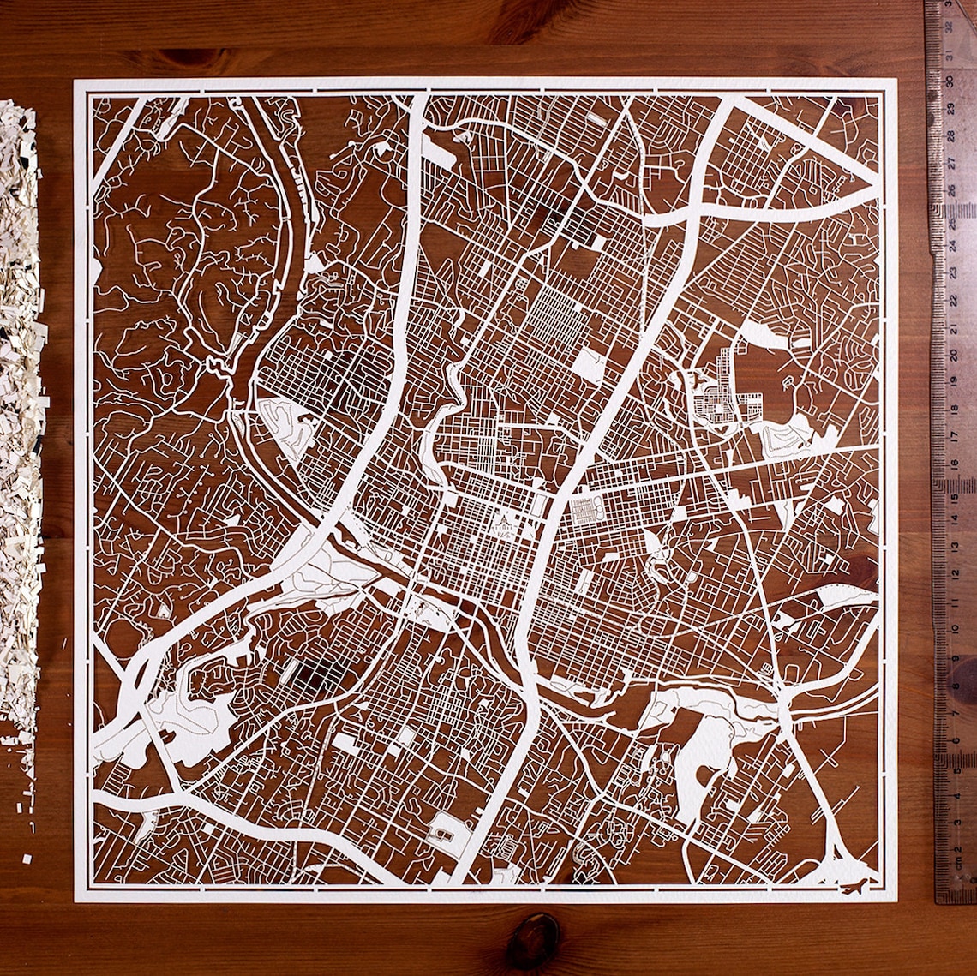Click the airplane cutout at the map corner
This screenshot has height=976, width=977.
pos(854,886)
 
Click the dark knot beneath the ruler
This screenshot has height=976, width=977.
pos(962,677)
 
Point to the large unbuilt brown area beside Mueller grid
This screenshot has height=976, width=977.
pos(776,377)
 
